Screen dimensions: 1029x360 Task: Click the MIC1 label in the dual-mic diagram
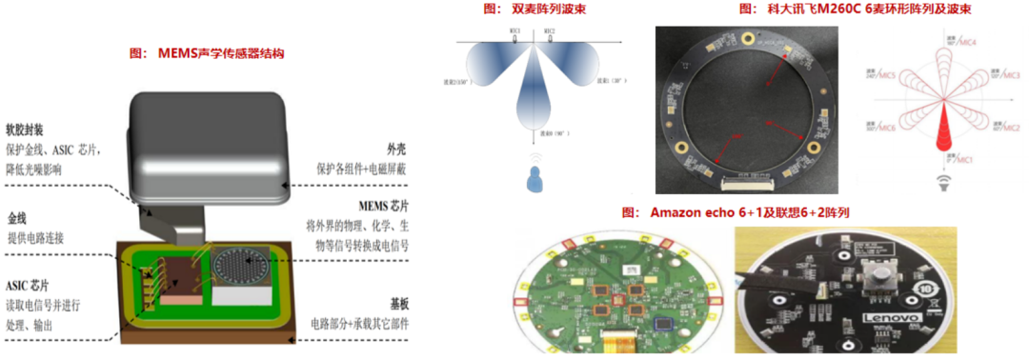click(515, 31)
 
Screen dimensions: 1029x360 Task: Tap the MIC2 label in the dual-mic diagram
click(550, 31)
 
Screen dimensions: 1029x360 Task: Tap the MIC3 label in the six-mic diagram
click(1009, 73)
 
